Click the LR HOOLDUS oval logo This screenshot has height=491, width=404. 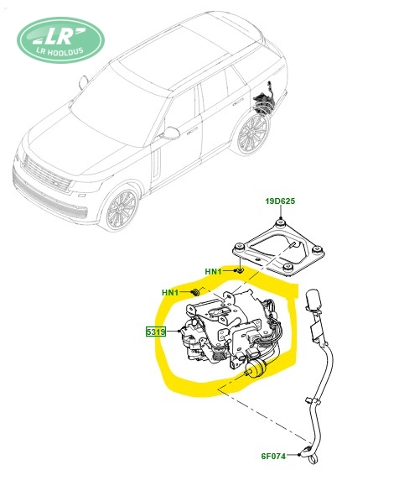click(x=60, y=40)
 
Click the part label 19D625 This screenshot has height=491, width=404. click(x=280, y=201)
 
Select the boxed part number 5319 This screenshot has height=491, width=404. click(x=155, y=331)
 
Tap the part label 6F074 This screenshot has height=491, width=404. click(x=273, y=456)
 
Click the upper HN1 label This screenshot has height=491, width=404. click(x=213, y=271)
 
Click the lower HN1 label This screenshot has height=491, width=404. click(x=170, y=292)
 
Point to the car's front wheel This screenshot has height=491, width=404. click(x=122, y=207)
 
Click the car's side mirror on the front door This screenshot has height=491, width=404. click(x=170, y=133)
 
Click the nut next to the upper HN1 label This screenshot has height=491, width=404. click(x=241, y=270)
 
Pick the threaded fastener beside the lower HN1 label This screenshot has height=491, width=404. click(x=195, y=292)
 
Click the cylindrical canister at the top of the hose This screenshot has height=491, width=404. click(x=313, y=299)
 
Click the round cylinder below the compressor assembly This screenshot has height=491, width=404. click(x=256, y=369)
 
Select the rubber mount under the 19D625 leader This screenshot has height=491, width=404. click(x=280, y=222)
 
